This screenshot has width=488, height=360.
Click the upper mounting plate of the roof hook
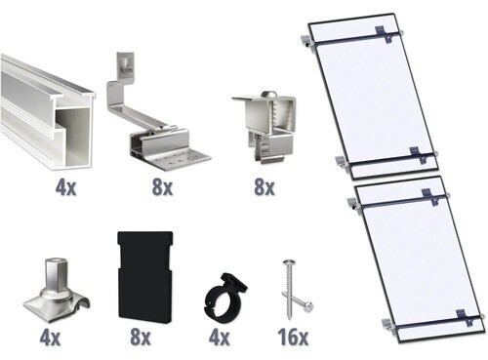coord(124,63)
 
